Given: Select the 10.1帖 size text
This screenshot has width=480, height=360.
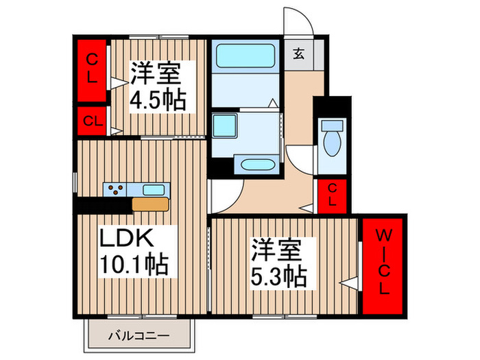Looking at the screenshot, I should [134, 263].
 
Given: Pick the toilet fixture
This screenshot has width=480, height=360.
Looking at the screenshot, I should [332, 141].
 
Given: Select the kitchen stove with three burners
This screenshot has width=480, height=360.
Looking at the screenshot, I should [114, 189].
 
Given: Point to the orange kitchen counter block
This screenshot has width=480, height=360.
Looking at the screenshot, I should [150, 204].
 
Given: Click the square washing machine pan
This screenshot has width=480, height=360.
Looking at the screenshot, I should [224, 128].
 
